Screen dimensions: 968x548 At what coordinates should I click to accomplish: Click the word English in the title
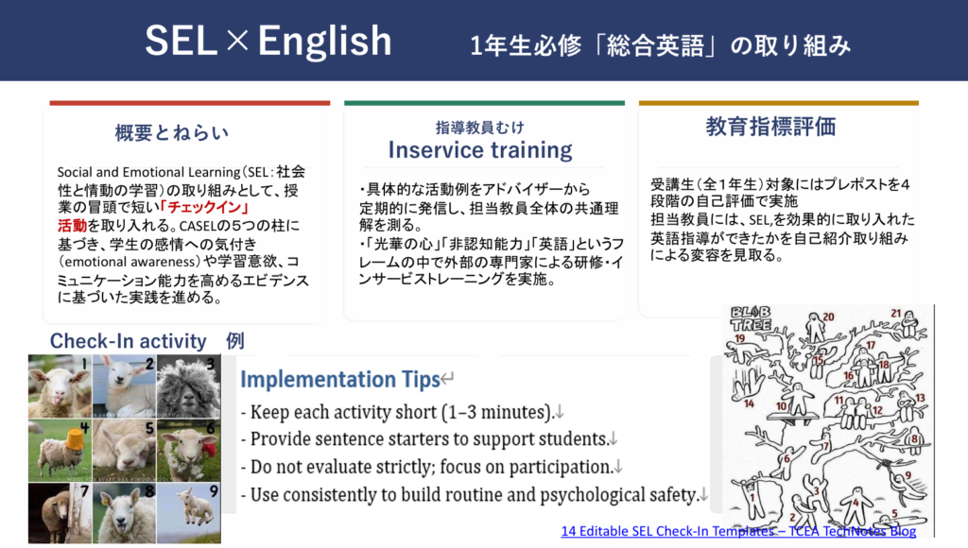325,42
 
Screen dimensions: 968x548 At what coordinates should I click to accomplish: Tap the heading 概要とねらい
172,132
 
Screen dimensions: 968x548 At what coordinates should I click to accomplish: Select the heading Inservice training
480,150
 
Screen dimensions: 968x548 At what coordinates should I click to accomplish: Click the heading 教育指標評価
770,127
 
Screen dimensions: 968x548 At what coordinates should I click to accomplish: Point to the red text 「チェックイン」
204,207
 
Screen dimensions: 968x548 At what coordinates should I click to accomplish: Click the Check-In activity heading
129,341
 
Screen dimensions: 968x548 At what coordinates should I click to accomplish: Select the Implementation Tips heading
340,380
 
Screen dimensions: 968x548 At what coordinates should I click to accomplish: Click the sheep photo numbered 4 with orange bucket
60,450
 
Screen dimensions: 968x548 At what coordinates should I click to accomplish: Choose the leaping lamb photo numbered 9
188,513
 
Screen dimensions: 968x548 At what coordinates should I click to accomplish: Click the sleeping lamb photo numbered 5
124,450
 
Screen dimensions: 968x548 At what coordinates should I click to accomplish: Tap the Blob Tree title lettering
751,317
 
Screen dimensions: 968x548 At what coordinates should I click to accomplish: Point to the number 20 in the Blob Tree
828,317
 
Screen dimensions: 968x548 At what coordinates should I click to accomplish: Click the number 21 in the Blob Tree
896,314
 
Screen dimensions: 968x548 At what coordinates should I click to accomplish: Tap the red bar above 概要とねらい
190,103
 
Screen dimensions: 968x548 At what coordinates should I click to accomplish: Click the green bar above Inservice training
485,103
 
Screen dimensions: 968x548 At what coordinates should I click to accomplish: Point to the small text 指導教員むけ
479,128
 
